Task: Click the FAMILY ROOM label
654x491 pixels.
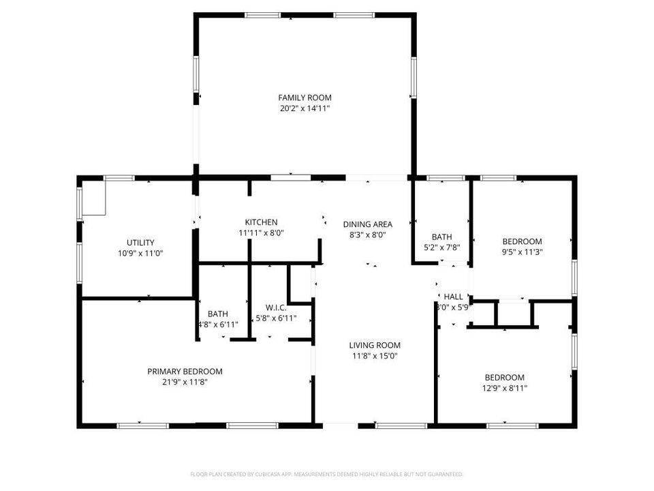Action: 305,98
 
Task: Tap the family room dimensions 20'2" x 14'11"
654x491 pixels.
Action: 305,108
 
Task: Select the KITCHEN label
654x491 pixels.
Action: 261,222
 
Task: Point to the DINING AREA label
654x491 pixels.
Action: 368,224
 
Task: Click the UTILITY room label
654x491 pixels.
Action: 140,242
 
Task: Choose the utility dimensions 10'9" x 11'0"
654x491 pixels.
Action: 140,253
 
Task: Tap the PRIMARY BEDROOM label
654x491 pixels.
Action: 185,372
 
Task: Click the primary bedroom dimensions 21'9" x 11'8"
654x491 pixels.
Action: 185,383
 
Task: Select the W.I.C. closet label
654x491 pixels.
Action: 276,308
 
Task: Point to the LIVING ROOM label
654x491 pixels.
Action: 375,345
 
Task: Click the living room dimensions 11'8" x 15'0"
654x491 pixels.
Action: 375,355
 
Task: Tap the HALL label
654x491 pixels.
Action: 453,297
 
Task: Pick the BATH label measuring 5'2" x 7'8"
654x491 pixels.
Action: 441,237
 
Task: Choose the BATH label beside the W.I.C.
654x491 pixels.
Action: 218,314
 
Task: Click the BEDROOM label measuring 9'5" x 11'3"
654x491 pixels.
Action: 522,241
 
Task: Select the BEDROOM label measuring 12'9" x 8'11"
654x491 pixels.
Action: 504,378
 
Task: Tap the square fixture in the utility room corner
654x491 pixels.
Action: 93,197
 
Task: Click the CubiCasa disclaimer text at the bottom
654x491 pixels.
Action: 326,474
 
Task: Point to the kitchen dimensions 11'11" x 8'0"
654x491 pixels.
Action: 261,233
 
